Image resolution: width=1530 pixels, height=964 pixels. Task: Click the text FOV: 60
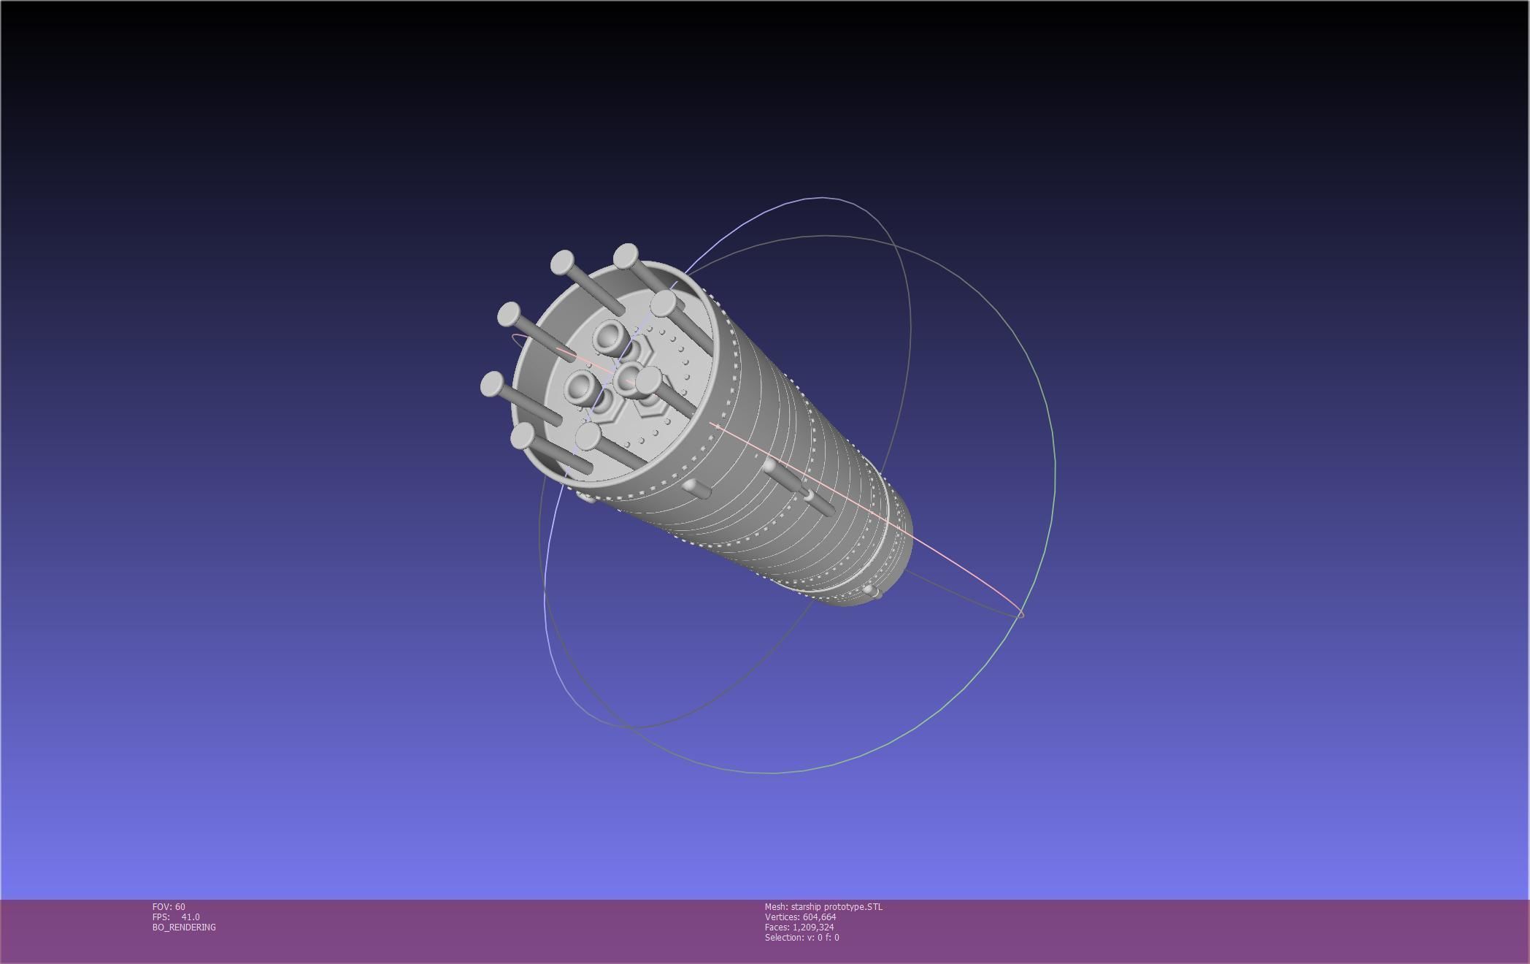pos(169,907)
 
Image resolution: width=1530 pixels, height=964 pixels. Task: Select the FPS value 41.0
pos(190,917)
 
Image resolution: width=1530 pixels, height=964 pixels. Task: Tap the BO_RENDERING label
pos(184,927)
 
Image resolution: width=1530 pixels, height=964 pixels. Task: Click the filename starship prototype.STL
pos(837,907)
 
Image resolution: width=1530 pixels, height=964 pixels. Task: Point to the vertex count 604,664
pos(819,917)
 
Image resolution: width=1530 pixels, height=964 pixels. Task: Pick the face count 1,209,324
pos(813,927)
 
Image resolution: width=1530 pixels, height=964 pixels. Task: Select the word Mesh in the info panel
pos(775,907)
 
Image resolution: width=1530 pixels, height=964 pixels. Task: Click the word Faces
pos(777,927)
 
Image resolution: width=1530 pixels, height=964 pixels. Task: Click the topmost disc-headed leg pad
pos(626,256)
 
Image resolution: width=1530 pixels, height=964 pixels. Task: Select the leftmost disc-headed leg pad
pos(492,383)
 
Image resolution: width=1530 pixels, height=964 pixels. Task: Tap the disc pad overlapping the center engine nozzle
pos(647,380)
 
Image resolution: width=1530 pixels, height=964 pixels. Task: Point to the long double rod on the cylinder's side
pos(799,486)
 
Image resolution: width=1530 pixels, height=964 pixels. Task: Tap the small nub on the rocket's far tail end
pos(871,591)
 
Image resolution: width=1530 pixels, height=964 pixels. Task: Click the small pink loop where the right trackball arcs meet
pos(1020,614)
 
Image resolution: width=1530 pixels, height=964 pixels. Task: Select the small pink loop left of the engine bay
pos(519,337)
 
